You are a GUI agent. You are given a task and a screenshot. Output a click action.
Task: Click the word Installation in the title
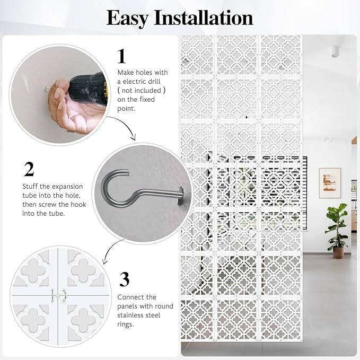pos(204,17)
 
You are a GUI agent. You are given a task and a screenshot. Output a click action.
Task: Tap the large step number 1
pos(122,56)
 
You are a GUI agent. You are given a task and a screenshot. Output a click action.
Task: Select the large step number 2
pos(29,169)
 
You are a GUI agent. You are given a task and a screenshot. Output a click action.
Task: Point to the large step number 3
pos(125,279)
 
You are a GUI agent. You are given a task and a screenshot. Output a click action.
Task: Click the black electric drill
pos(89,89)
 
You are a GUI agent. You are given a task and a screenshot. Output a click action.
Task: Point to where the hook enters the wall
pos(180,191)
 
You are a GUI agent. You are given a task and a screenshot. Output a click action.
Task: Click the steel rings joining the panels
pos(59,295)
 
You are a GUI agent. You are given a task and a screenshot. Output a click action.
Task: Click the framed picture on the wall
pos(330,183)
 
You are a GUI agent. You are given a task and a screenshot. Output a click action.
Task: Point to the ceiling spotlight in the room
pos(335,51)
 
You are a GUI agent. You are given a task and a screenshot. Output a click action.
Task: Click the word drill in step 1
pos(154,82)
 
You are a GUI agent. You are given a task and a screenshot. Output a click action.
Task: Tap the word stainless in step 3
pos(130,315)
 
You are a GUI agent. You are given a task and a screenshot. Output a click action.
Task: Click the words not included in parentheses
pos(142,91)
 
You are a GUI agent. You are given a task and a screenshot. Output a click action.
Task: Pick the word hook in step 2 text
pos(78,204)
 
